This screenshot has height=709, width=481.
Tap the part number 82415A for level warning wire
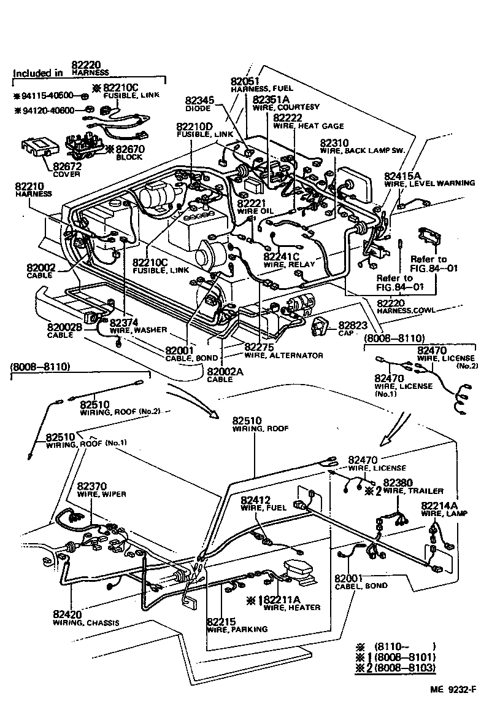pos(402,176)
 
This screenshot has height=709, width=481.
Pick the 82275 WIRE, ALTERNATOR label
pos(282,351)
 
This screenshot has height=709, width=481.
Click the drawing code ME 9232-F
pos(451,689)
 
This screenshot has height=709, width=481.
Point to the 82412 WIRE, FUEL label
pos(260,504)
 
